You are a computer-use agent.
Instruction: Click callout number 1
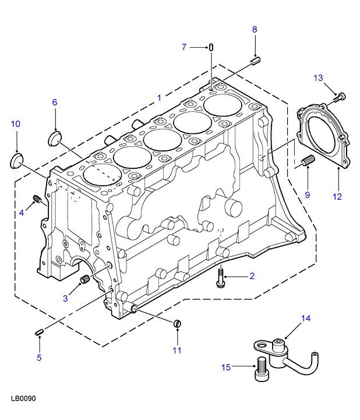(159, 98)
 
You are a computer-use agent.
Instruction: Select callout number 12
(337, 196)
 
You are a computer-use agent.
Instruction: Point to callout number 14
(305, 318)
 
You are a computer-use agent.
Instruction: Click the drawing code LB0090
(23, 400)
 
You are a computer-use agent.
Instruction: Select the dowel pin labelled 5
(40, 332)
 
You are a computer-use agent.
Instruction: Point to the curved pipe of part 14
(300, 365)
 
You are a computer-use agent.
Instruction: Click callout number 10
(16, 123)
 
